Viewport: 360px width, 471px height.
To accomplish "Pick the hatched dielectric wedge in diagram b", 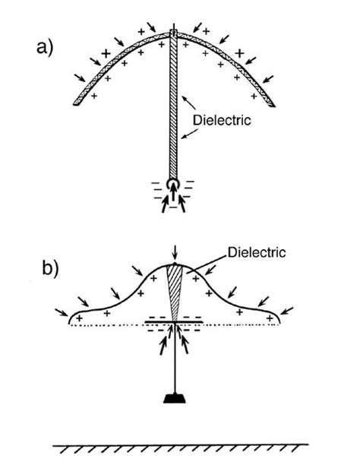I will [174, 292].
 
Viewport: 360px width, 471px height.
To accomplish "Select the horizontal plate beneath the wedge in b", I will [174, 322].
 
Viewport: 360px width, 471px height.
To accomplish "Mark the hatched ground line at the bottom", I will [180, 447].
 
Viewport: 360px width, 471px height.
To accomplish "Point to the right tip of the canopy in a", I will [274, 103].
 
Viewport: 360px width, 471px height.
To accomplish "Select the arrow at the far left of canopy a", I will [81, 77].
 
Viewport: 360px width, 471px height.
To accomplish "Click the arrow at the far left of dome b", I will [60, 311].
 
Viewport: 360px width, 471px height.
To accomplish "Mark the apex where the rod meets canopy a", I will [174, 33].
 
